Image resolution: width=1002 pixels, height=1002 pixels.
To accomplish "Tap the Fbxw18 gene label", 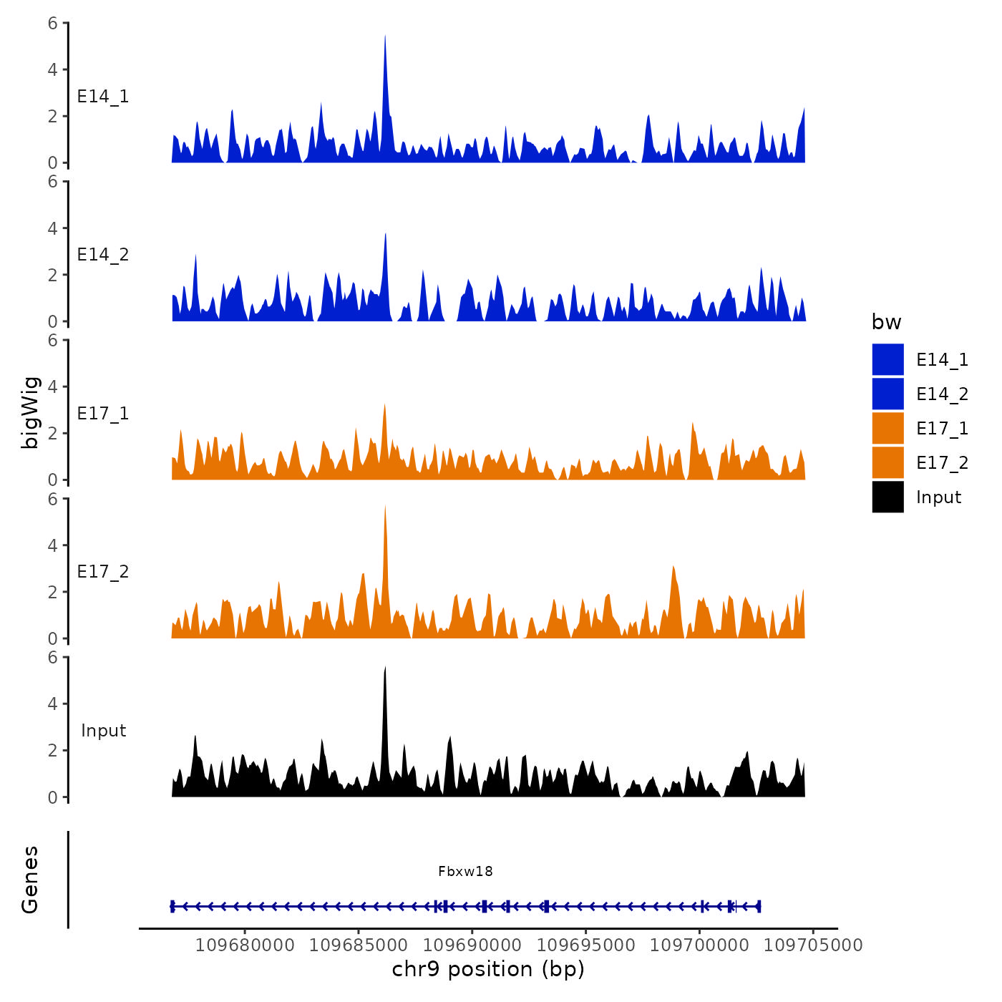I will coord(465,871).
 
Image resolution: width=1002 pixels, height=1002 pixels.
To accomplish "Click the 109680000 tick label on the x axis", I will coord(245,945).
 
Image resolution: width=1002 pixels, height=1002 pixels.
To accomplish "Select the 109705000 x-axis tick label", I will coord(813,945).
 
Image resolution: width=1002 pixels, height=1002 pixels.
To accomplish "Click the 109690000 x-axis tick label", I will coord(472,945).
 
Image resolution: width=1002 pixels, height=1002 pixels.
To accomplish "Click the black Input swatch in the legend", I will coord(887,497).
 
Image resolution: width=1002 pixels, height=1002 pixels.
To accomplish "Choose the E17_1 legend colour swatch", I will coord(887,428).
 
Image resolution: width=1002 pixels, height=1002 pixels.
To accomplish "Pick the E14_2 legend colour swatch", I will coord(887,394).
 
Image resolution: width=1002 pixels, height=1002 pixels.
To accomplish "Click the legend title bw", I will coord(886,322).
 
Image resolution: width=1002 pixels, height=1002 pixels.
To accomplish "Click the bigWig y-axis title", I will coord(30,412).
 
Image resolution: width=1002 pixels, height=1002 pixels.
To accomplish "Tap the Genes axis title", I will coord(30,879).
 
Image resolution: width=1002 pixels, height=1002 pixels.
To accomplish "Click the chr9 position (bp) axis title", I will coord(488,969).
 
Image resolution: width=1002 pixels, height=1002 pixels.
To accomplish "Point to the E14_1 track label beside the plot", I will coord(103,97).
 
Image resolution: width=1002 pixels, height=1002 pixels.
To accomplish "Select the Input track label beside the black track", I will coord(103,731).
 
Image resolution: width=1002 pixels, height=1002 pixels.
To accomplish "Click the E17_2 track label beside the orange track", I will coord(103,572).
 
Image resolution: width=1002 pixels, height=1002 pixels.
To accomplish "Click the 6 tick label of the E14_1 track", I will coord(53,24).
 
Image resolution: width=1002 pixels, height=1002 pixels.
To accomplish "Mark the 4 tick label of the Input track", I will coord(53,704).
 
